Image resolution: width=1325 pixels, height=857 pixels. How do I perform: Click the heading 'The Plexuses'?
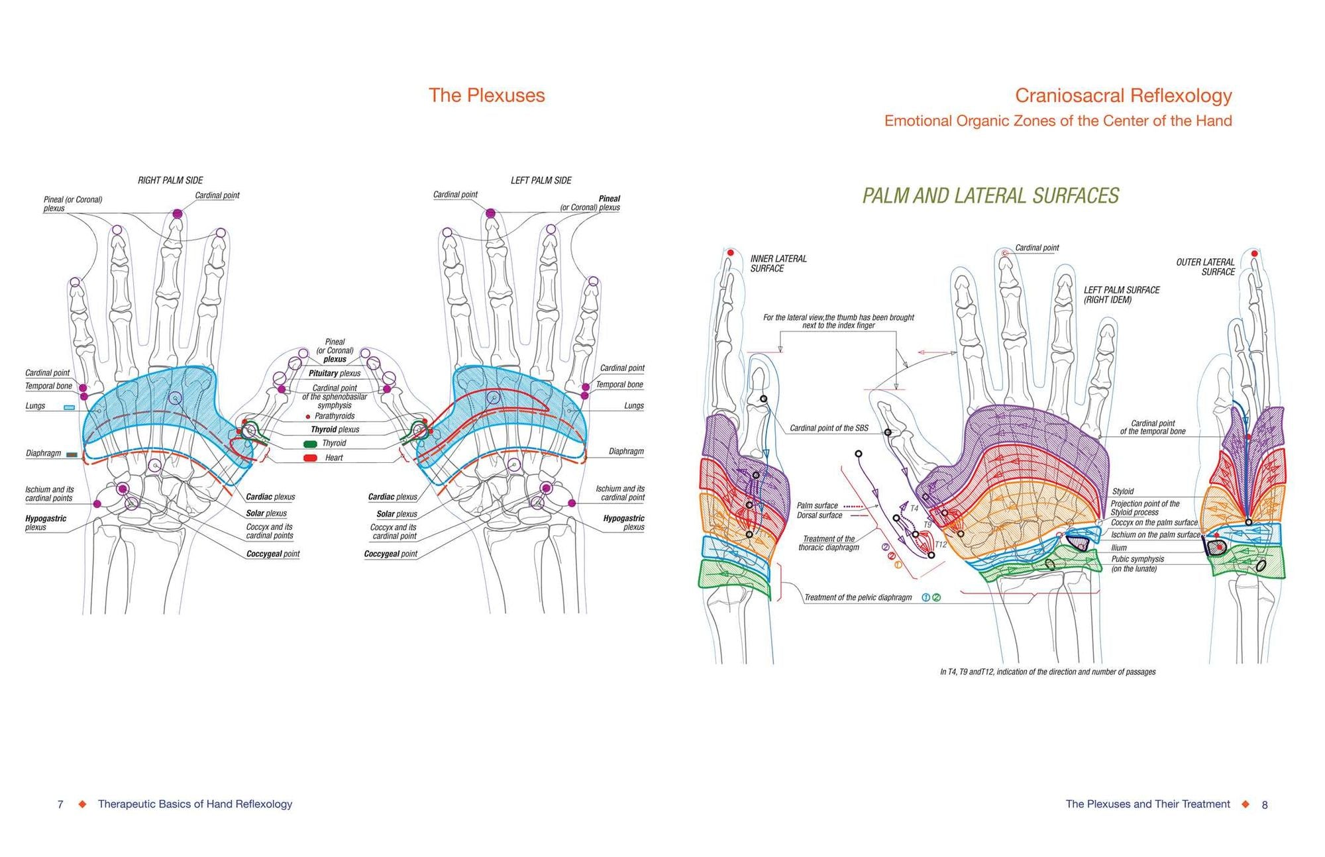[x=486, y=95]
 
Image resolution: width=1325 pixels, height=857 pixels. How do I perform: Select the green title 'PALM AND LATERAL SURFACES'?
[x=990, y=196]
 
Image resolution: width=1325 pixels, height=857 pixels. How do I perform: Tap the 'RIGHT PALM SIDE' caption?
[x=170, y=180]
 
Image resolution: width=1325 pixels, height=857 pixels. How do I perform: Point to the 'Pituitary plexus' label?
[x=335, y=374]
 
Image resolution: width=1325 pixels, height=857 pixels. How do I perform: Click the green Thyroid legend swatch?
[x=310, y=444]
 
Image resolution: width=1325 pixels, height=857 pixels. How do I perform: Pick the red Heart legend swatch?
[x=310, y=458]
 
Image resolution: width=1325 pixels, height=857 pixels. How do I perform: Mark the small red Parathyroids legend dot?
[x=308, y=417]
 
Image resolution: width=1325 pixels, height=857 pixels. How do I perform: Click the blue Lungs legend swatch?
[x=69, y=407]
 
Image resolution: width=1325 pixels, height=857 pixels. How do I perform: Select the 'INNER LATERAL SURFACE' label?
[x=778, y=264]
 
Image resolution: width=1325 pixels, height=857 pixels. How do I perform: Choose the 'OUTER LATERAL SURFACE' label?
[x=1205, y=267]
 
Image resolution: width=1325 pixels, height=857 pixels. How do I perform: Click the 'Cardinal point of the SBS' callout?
[x=828, y=428]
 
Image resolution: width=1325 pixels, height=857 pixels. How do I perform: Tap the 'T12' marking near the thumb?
[x=941, y=544]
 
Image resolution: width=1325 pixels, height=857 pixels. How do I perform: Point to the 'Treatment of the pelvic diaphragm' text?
[x=858, y=597]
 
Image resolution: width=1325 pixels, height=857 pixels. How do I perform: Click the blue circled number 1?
[x=926, y=597]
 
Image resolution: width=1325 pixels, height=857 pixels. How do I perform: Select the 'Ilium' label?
[x=1119, y=548]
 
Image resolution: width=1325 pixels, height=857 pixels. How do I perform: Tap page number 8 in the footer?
[x=1264, y=805]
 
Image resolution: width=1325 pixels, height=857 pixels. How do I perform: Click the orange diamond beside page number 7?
[x=82, y=804]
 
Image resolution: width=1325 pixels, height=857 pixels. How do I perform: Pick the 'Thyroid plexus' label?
[x=335, y=430]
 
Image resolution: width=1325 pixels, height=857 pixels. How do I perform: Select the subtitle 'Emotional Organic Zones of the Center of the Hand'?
[x=1057, y=121]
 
